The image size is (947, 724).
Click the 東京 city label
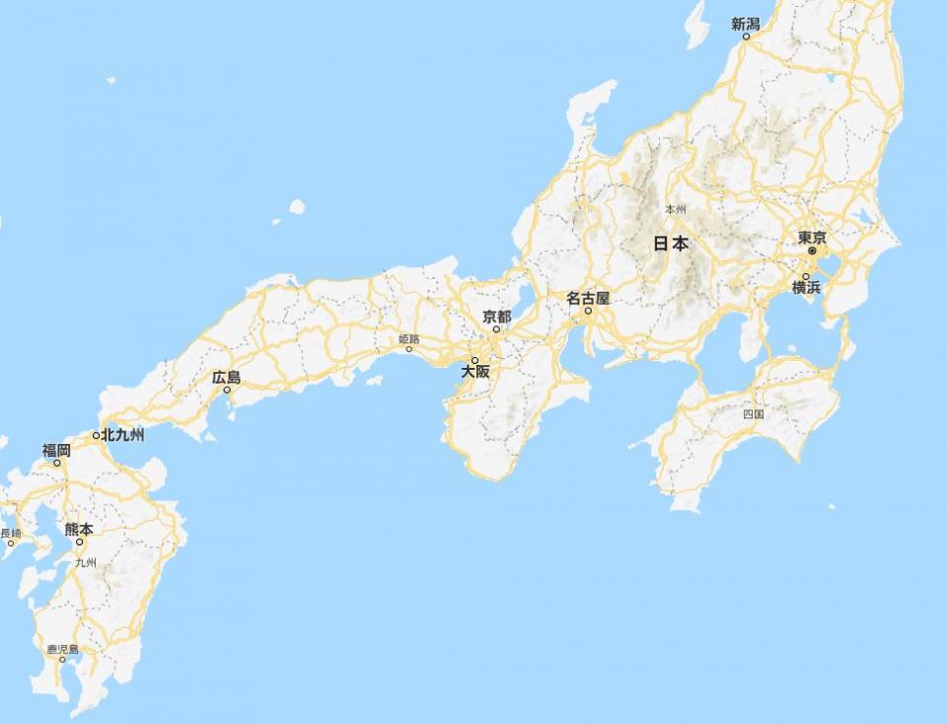812,238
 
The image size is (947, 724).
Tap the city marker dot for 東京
812,252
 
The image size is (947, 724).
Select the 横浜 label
806,288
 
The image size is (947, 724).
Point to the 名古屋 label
588,298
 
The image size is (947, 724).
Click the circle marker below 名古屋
588,312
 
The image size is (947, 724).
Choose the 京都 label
496,317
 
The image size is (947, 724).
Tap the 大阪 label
474,373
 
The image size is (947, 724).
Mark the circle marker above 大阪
474,360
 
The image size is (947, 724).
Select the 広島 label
226,377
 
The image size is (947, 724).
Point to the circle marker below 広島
227,390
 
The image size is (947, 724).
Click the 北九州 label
123,435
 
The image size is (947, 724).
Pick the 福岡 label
56,450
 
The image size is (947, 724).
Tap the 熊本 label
79,529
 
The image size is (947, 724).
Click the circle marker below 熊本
79,542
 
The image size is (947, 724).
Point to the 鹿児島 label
62,650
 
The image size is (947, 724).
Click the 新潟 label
745,25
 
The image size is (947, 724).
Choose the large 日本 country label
672,244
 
